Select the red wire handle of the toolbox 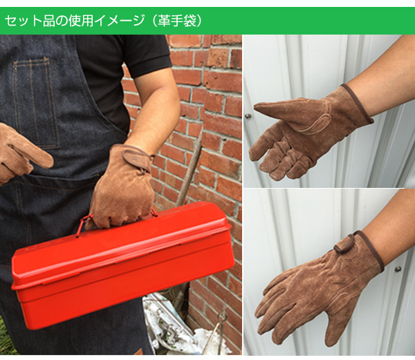[x=84, y=224]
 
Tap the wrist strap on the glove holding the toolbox [x=138, y=160]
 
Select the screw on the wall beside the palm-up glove [x=248, y=116]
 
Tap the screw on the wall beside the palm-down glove [x=398, y=269]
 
